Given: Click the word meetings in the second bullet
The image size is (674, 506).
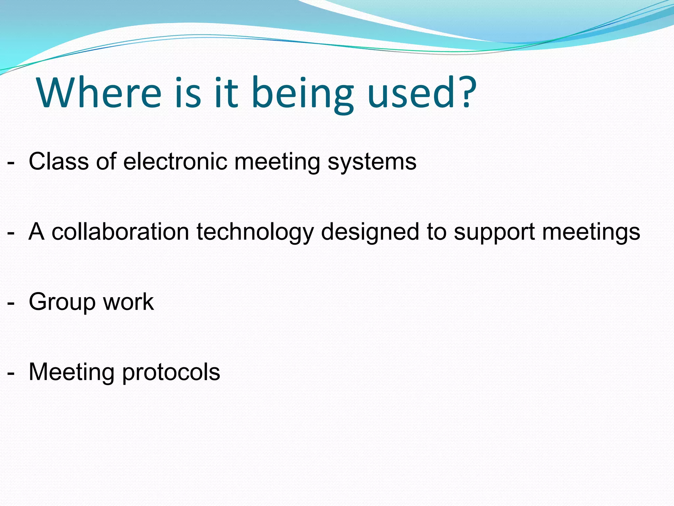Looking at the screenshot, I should click(x=591, y=233).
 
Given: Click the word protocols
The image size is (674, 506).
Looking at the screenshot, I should click(x=171, y=373).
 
